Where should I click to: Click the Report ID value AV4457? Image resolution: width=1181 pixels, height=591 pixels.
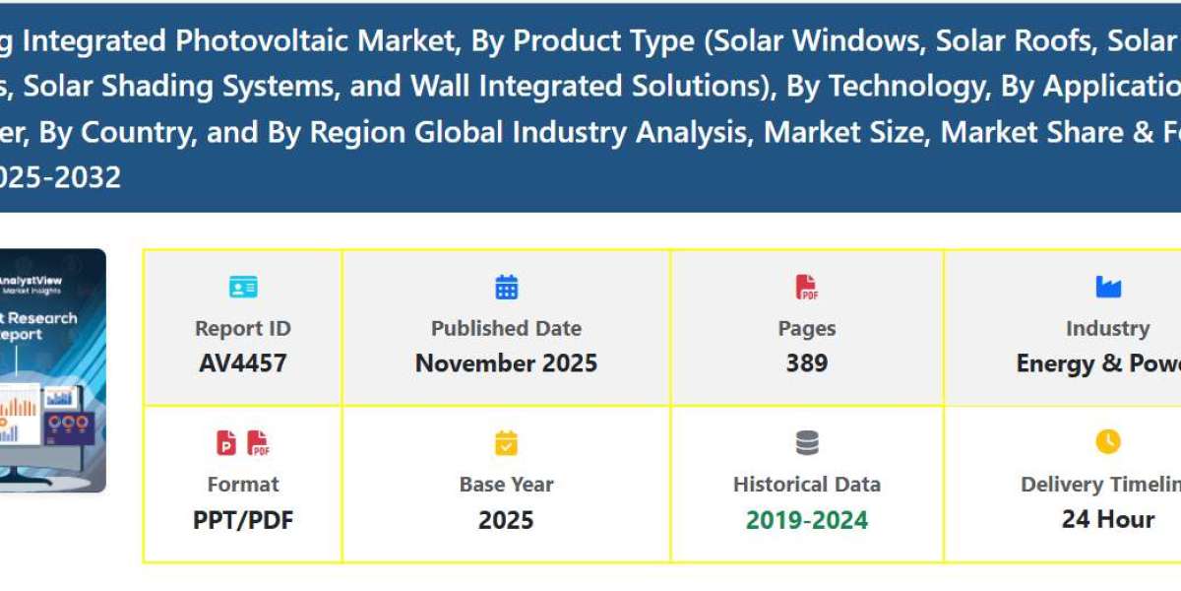(242, 362)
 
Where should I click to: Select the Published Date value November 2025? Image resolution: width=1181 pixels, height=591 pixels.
(506, 362)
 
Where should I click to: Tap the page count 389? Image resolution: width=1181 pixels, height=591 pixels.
(806, 362)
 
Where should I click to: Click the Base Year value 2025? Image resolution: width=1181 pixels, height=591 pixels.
(506, 519)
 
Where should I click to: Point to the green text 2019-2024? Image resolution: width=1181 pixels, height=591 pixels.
(806, 519)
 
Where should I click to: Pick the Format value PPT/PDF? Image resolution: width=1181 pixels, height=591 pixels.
(242, 519)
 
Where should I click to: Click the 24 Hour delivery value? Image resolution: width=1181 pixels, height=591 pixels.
(1107, 518)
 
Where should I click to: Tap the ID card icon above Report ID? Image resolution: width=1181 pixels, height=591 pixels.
(242, 287)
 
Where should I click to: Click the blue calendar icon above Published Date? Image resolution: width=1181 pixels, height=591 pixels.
(506, 287)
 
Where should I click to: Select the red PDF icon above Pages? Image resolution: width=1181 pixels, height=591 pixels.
(806, 287)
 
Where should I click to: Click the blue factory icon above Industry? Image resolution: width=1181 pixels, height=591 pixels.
(1107, 287)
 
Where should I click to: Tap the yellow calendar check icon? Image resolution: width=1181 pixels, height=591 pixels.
(506, 443)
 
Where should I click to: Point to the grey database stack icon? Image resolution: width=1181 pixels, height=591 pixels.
(806, 443)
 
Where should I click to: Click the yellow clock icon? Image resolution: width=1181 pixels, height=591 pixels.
(1107, 442)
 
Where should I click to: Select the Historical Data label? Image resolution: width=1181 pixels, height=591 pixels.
(806, 484)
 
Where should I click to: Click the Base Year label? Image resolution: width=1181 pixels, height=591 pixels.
(506, 484)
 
